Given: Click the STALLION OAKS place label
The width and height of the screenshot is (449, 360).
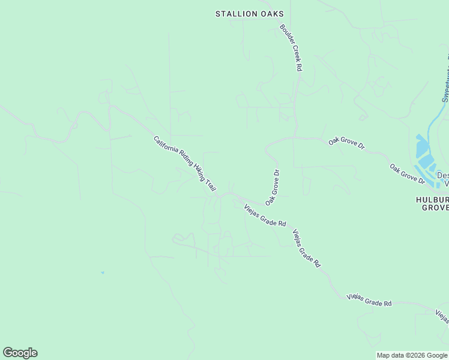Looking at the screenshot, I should point(249,14).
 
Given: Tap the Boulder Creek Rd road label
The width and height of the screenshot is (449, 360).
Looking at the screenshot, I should point(290,48).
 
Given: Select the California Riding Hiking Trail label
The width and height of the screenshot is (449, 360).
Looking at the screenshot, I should point(185,164).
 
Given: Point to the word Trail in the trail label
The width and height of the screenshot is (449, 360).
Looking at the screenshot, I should point(209,185).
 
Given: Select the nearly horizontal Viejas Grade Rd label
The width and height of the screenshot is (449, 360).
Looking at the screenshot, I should point(369,301).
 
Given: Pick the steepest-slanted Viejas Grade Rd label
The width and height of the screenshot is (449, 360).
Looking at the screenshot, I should point(306,248).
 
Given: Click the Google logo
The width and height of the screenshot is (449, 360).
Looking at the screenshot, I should point(20,353).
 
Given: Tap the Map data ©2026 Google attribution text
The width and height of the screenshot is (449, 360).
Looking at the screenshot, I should point(412,355).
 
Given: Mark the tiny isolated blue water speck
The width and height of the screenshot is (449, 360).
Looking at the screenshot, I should point(103,273).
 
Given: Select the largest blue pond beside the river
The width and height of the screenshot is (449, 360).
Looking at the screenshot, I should point(423,148).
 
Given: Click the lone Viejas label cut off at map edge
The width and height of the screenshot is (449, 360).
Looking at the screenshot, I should point(442,316).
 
